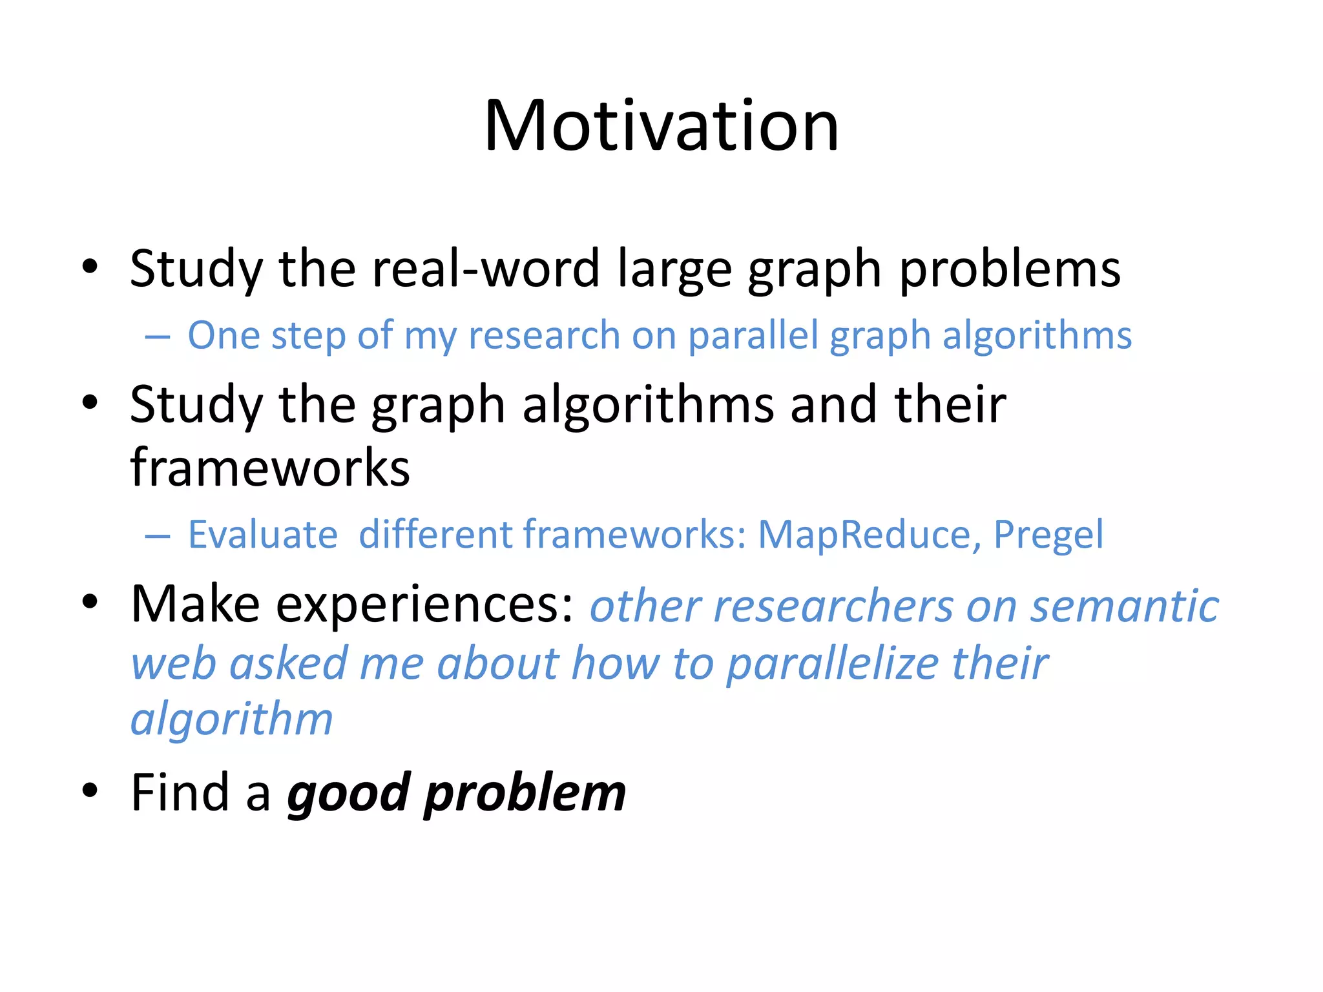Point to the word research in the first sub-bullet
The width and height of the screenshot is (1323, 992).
[544, 336]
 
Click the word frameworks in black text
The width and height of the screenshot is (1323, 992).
[270, 467]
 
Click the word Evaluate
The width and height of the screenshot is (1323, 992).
[263, 535]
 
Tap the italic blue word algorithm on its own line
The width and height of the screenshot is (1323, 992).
[232, 719]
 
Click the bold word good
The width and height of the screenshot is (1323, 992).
[349, 794]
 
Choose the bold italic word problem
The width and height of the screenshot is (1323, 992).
[525, 794]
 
